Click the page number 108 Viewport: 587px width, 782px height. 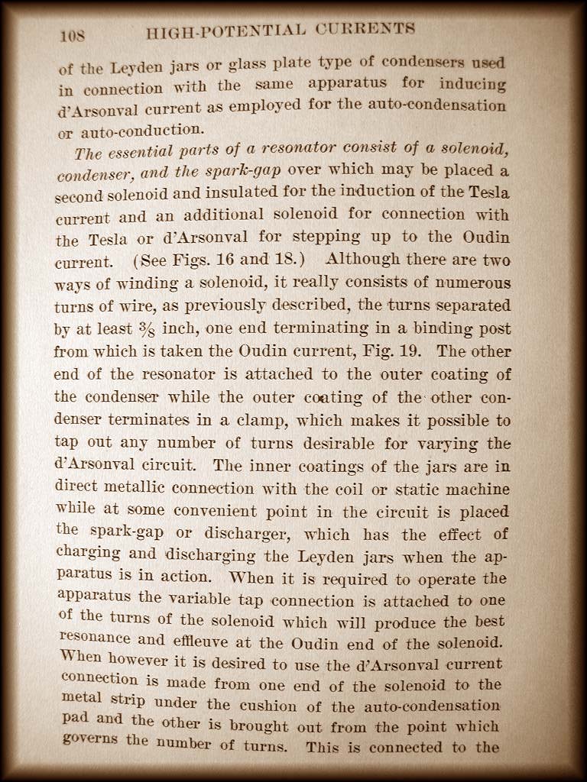click(x=73, y=34)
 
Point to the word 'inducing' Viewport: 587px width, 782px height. click(x=474, y=82)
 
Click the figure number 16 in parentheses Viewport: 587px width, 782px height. click(x=226, y=260)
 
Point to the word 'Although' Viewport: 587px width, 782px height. click(x=360, y=259)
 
